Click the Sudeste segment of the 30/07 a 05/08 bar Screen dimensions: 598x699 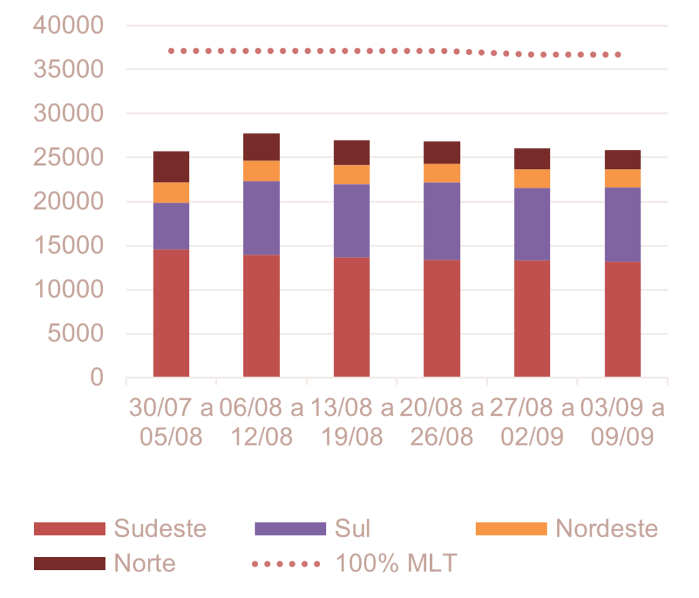pos(171,312)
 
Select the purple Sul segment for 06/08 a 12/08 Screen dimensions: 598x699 pos(261,218)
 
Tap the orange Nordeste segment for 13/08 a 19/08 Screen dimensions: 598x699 pos(352,175)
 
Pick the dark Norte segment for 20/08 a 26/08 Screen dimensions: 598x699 pos(442,152)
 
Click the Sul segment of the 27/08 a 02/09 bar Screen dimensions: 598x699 pos(532,224)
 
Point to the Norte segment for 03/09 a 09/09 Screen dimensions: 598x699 pos(623,159)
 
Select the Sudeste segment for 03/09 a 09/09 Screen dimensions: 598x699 pos(623,318)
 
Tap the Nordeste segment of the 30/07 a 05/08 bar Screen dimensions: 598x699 pos(171,192)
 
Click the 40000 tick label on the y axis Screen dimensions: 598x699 pos(68,26)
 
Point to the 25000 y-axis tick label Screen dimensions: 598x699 pos(68,158)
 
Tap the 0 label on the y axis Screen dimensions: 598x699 pos(97,377)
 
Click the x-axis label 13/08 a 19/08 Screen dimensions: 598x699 pos(352,423)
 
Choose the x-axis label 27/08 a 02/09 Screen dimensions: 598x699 pos(532,423)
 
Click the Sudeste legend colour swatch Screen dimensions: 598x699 pos(70,528)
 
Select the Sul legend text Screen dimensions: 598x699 pos(352,528)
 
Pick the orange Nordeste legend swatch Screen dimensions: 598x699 pos(511,528)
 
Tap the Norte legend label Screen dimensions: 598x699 pos(145,564)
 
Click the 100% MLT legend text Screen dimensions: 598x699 pos(397,564)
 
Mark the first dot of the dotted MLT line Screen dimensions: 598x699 pos(171,50)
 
